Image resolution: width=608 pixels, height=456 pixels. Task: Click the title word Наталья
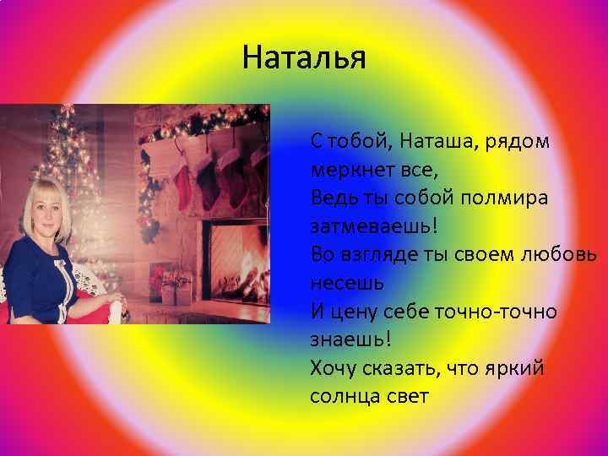pos(303,59)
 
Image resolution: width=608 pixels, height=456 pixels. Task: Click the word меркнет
pos(347,169)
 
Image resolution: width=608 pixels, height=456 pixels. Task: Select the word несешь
pos(347,284)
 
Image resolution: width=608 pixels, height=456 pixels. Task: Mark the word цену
pos(349,312)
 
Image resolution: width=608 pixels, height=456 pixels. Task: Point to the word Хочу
pos(333,368)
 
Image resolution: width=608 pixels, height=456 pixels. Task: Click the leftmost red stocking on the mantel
pos(180,173)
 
